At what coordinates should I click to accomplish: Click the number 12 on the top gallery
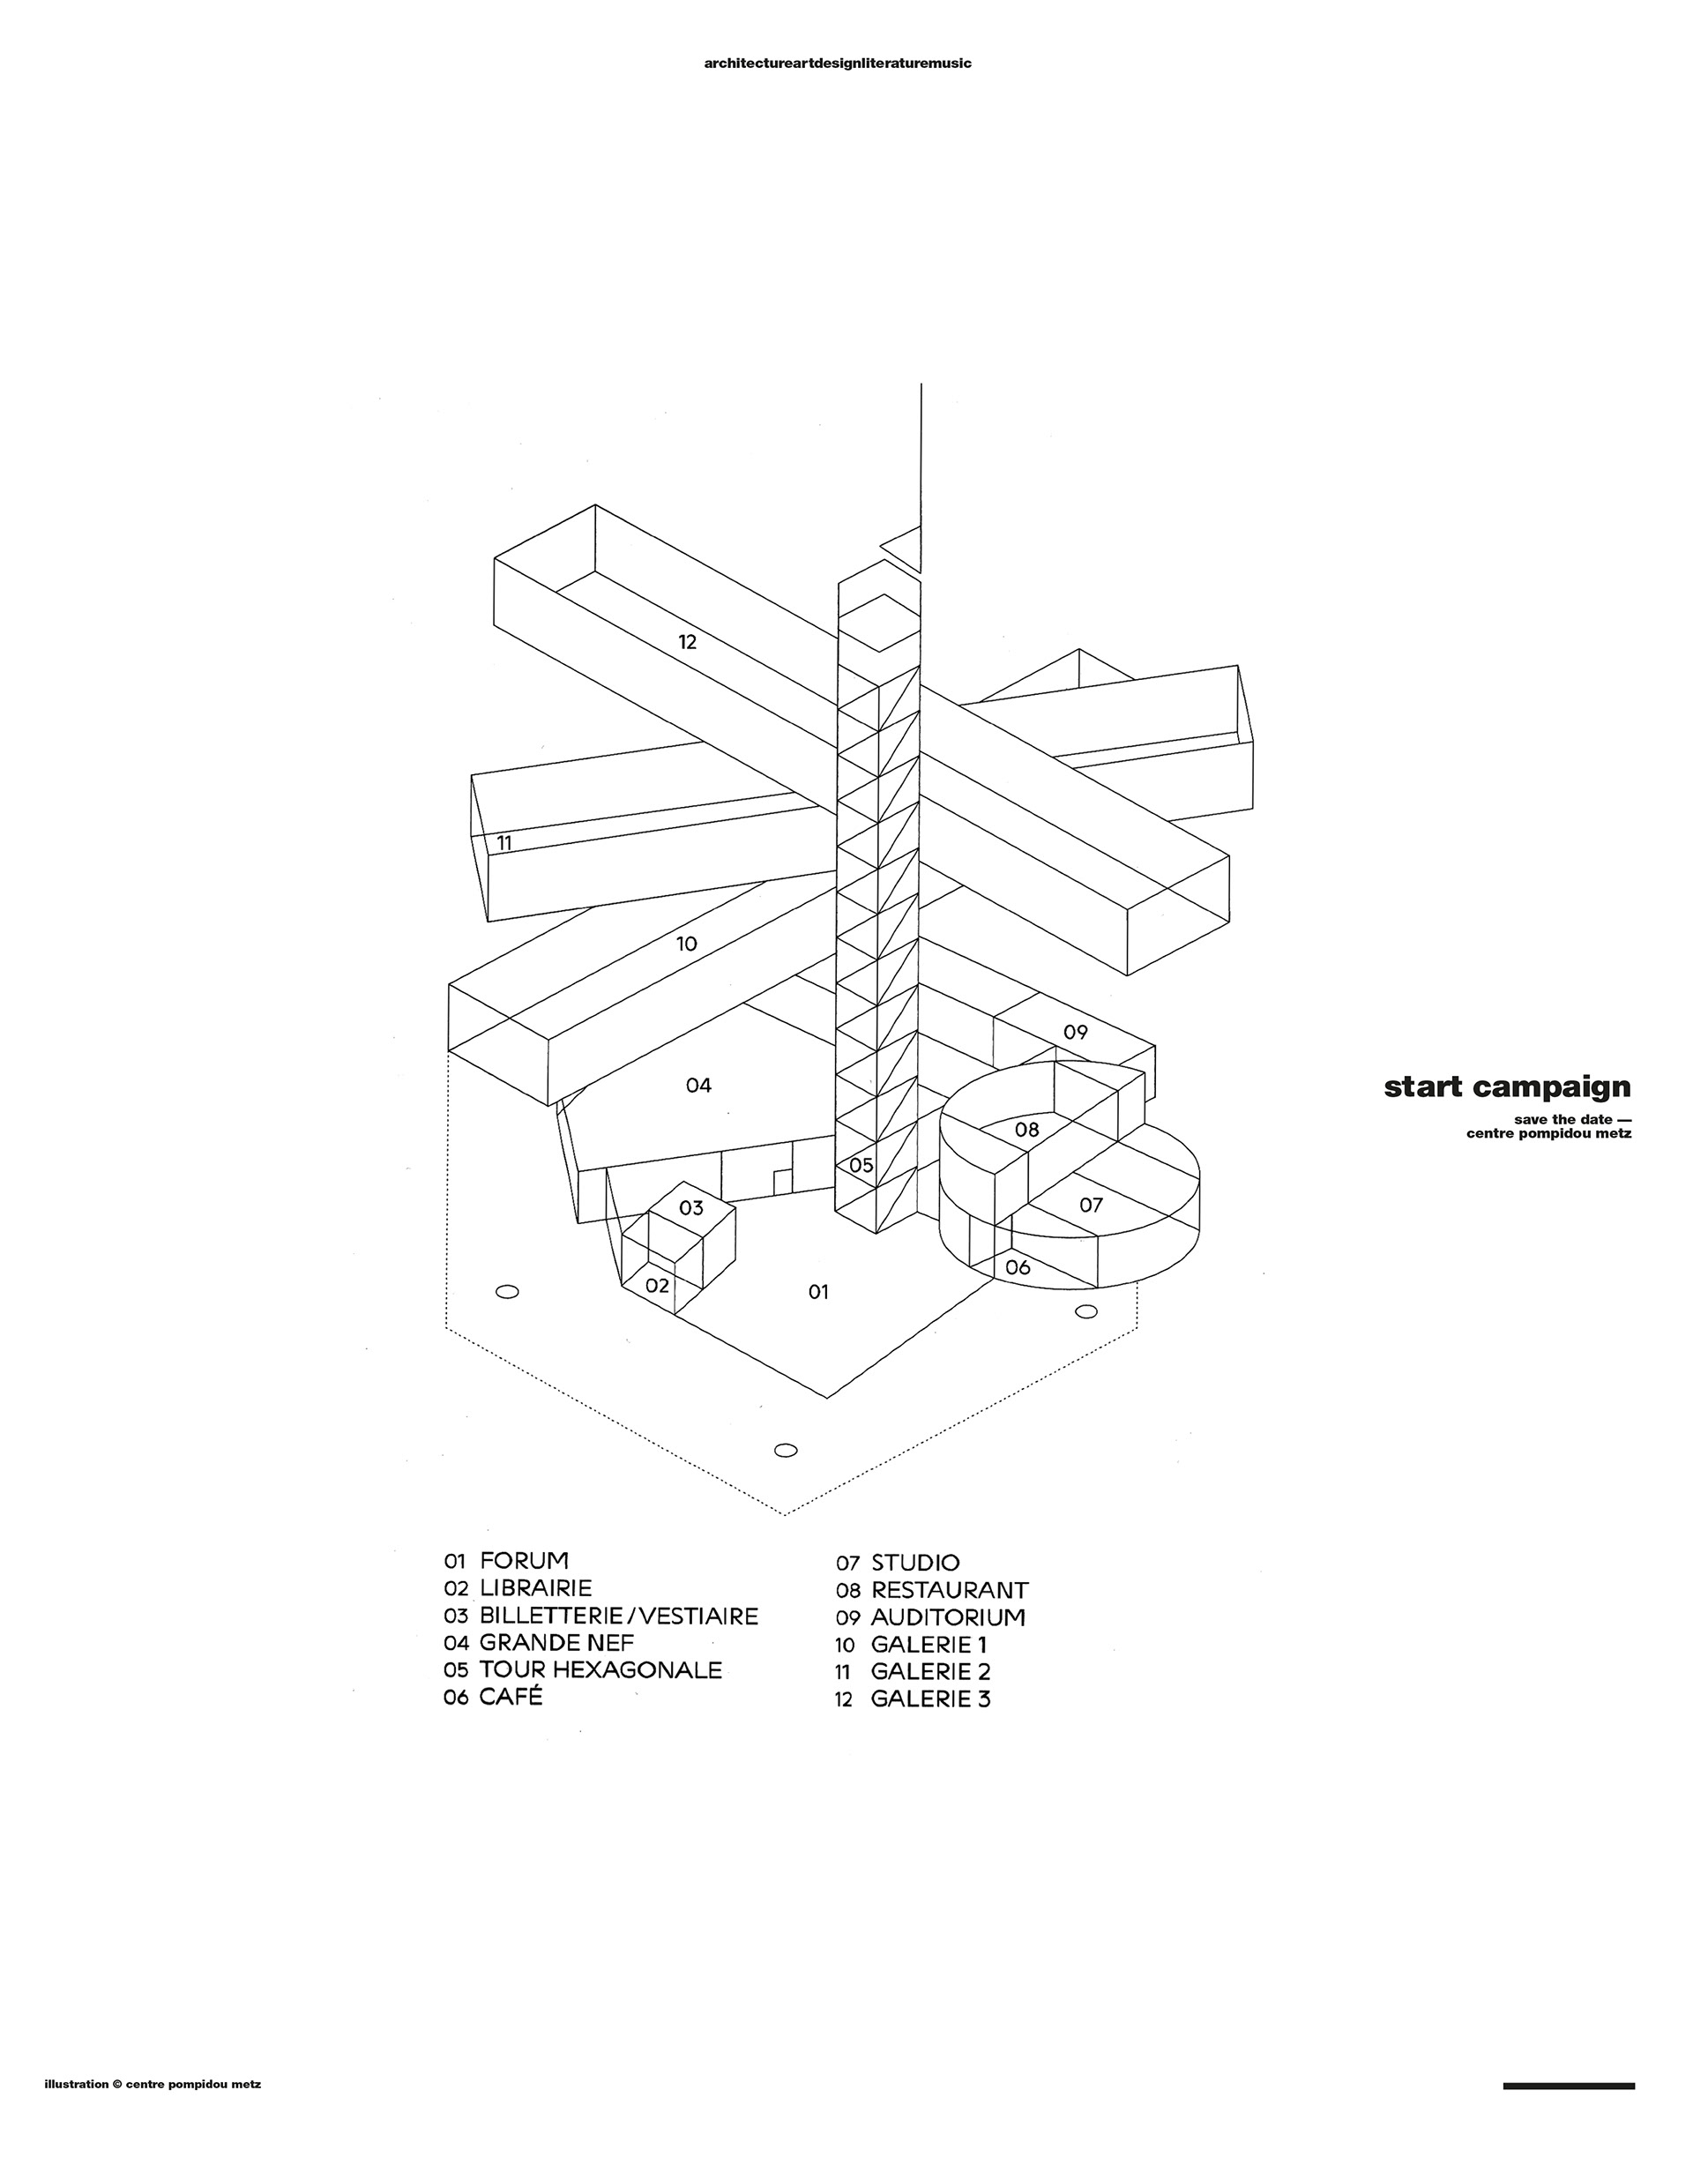tap(687, 642)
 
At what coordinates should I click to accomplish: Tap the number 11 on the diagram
tap(504, 842)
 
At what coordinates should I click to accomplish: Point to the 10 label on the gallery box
tap(686, 944)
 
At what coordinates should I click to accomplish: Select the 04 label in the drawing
tap(698, 1085)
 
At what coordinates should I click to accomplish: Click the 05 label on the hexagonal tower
tap(861, 1165)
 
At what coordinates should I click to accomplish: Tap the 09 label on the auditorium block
tap(1075, 1032)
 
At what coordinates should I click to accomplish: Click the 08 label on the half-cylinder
tap(1027, 1130)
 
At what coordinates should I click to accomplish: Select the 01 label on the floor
tap(818, 1292)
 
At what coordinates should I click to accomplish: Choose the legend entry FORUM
tap(524, 1561)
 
